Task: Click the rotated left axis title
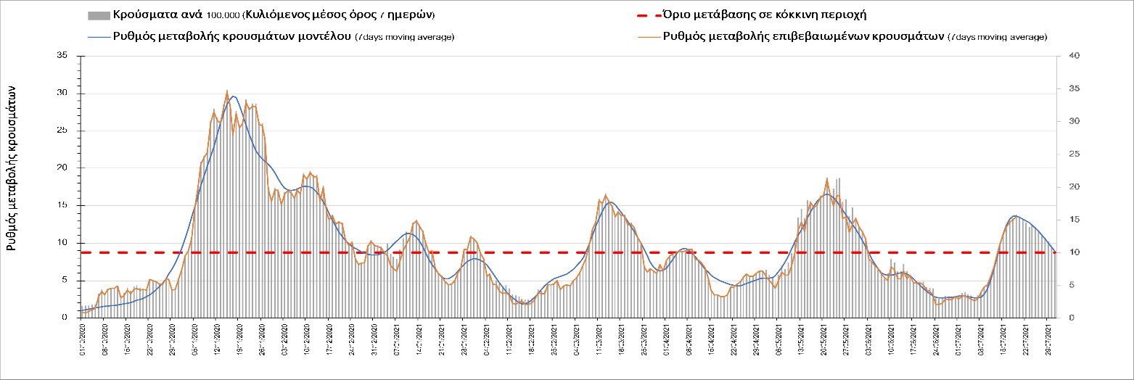[12, 166]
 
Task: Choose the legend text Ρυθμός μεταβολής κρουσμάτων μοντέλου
[232, 37]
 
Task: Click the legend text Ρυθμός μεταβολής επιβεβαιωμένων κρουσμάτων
[804, 37]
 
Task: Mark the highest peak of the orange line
[227, 91]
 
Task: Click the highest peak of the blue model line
[233, 96]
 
